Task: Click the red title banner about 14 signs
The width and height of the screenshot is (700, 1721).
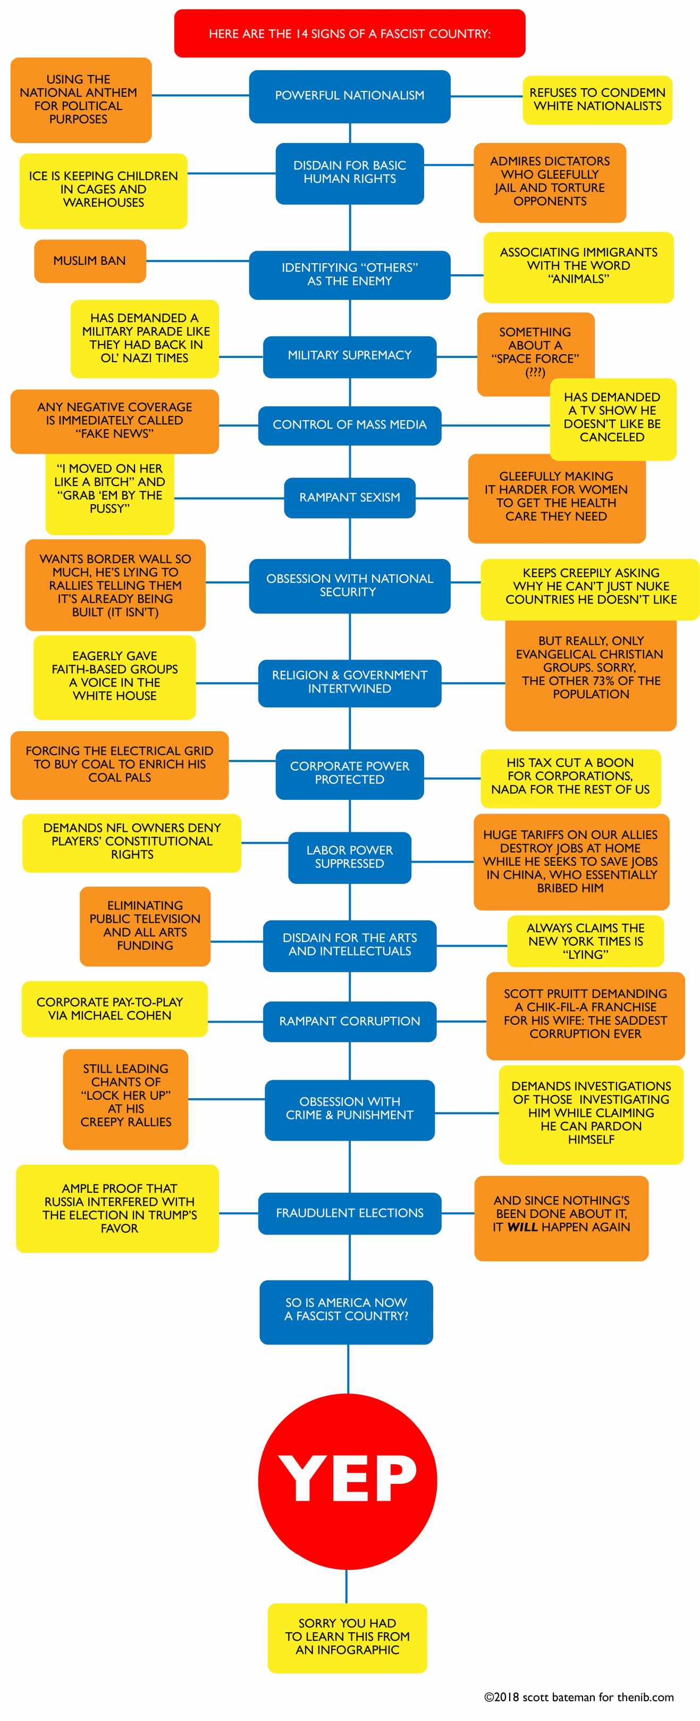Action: point(349,34)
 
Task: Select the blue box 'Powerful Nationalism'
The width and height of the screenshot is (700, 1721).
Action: point(349,96)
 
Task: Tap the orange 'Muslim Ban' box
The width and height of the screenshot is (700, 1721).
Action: point(89,261)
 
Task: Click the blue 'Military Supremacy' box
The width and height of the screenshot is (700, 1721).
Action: point(349,355)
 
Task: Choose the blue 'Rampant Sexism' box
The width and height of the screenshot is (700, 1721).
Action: point(349,497)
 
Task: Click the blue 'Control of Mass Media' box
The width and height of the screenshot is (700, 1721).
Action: point(349,425)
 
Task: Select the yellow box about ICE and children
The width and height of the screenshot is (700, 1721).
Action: point(103,190)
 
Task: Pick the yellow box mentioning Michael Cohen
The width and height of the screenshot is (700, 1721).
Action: point(114,1008)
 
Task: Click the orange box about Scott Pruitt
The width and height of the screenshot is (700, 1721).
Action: point(585,1014)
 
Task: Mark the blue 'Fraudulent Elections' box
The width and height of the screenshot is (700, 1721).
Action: point(349,1213)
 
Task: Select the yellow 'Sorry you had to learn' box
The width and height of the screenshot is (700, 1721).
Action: point(347,1637)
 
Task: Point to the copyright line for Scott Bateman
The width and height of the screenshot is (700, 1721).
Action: point(578,1697)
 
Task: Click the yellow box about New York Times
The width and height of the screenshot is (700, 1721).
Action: point(585,941)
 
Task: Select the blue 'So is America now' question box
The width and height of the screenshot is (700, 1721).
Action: point(346,1309)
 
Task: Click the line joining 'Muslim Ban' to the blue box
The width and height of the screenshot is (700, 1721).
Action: point(198,261)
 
